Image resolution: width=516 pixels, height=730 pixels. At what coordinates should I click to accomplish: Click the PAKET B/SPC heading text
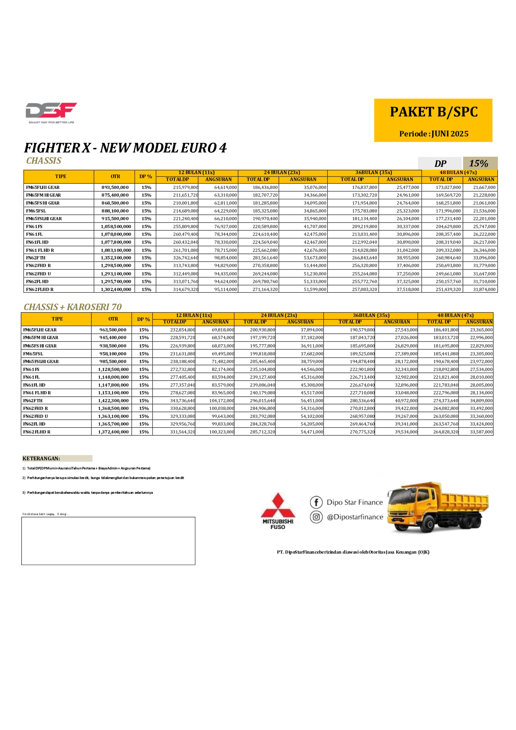point(434,112)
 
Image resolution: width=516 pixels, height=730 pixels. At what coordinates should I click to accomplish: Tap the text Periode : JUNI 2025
point(434,134)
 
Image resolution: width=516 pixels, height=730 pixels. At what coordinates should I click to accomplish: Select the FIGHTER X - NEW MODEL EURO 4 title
point(125,148)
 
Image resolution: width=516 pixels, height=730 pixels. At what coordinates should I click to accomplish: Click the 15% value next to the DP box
point(479,163)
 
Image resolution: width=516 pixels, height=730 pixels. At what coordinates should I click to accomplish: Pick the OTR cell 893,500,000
point(115,188)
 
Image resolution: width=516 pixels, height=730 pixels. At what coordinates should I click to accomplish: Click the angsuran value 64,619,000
point(225,188)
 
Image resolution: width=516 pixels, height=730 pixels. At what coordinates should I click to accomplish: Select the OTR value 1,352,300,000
point(116,258)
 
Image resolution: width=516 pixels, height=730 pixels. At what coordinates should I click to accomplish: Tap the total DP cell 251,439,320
point(448,289)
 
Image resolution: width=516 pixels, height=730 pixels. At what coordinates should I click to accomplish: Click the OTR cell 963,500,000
point(113,330)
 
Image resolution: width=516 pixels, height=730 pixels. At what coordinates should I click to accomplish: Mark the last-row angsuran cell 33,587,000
point(481,432)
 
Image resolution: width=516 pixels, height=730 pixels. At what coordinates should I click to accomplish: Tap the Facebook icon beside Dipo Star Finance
point(316,502)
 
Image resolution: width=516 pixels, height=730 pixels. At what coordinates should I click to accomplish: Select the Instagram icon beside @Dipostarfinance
point(316,517)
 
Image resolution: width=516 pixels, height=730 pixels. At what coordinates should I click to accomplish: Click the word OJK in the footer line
point(423,552)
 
